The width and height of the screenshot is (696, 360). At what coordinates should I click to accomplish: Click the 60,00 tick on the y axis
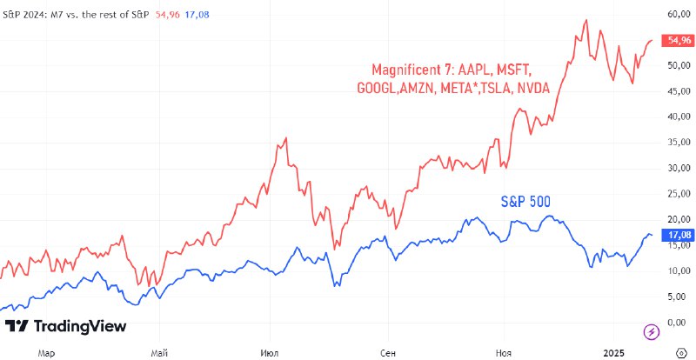point(678,14)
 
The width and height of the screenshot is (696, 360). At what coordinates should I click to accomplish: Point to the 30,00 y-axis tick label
point(678,168)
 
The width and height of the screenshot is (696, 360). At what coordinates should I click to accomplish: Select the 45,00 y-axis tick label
point(678,90)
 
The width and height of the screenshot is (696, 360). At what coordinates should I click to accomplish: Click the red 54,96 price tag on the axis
point(677,40)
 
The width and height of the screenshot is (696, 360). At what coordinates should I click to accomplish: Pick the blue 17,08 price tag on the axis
point(677,235)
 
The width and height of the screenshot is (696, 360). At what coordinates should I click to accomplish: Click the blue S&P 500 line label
point(525,202)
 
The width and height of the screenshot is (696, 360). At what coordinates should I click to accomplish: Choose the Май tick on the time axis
point(158,352)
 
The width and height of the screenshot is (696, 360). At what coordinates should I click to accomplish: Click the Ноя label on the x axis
point(502,352)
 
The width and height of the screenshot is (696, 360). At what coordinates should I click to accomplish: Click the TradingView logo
point(66,326)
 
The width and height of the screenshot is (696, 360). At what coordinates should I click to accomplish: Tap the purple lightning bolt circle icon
point(650,330)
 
